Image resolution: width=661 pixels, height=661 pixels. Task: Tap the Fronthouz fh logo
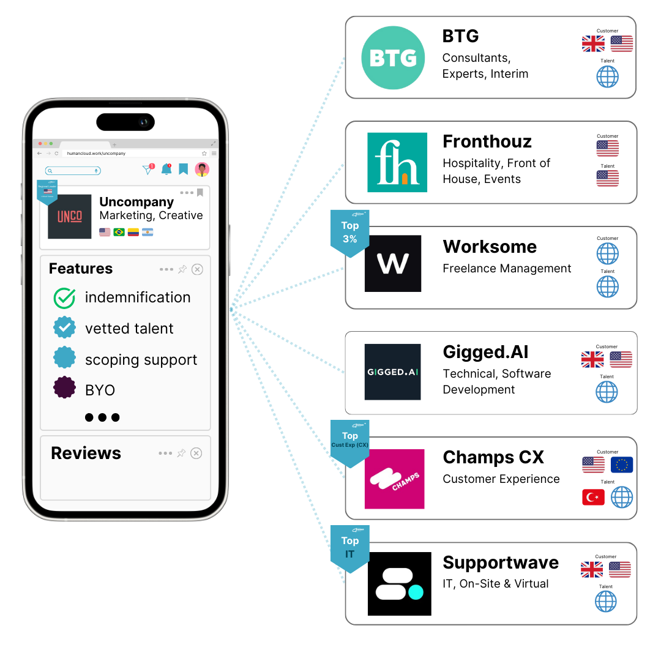397,162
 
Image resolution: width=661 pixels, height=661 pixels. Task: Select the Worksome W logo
393,264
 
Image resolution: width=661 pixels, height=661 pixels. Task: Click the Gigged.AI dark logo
392,372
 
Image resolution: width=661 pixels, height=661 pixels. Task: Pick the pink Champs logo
394,479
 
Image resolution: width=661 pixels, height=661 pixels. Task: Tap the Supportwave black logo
399,584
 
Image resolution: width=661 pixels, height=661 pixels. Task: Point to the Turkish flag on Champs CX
593,497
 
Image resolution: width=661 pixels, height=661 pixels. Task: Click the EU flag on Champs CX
622,465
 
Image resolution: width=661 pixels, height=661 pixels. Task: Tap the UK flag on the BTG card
593,44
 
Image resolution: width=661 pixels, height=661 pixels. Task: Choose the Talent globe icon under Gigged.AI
607,392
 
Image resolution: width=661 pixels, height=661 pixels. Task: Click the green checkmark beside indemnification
64,298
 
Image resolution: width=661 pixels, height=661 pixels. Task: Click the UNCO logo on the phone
70,217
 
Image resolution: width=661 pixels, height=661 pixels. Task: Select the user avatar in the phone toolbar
202,170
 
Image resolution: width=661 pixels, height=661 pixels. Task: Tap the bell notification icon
166,170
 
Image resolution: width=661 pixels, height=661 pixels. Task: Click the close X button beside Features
197,269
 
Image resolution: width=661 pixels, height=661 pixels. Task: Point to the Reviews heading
86,453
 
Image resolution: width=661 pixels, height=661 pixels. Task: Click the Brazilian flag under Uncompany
119,233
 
